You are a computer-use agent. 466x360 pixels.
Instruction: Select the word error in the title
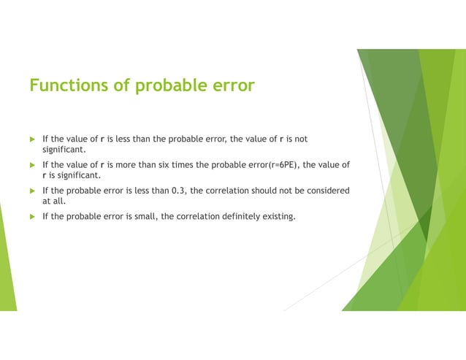click(231, 86)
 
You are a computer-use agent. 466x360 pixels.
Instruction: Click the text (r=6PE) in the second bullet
click(271, 164)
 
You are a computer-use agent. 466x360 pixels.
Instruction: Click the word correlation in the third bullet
click(229, 191)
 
